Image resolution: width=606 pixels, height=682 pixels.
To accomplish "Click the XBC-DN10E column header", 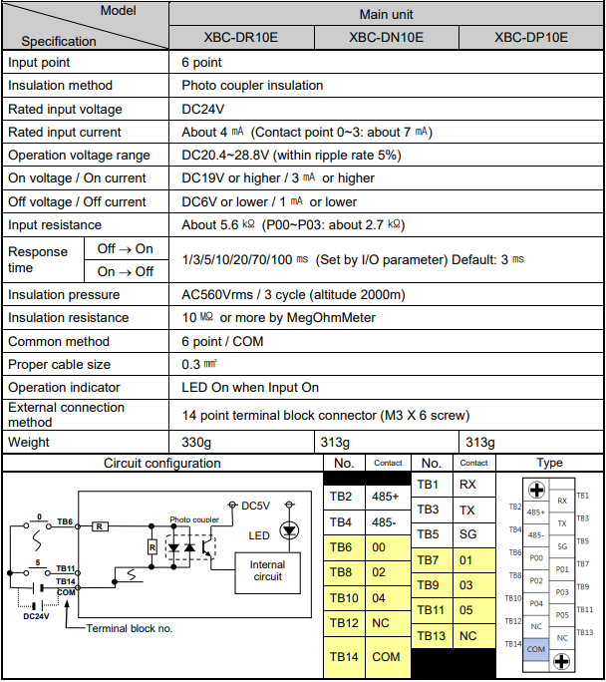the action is (386, 38).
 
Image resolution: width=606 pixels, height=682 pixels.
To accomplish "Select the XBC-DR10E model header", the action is (241, 38).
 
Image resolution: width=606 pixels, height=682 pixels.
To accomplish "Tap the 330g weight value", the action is (196, 443).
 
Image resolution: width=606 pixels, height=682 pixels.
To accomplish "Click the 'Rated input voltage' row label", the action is (65, 109).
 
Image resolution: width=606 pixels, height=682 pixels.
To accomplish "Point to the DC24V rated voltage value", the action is (203, 109).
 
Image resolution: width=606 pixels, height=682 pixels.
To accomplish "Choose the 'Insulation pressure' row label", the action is (64, 295).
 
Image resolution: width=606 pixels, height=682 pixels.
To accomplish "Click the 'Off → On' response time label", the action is (126, 249).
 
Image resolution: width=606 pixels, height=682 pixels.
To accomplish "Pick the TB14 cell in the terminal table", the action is (344, 657).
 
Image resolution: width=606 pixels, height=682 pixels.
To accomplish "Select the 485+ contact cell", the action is (388, 497).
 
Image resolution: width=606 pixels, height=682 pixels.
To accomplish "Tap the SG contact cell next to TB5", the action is (473, 534).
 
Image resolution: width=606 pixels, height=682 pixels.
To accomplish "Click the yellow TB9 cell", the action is (432, 585).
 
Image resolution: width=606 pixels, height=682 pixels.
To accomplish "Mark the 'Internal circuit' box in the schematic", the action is (268, 573).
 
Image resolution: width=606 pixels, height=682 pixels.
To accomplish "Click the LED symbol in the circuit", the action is (289, 530).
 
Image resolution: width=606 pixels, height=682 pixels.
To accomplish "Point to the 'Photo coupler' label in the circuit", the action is (194, 519).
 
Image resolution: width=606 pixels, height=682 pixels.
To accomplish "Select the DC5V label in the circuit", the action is (255, 506).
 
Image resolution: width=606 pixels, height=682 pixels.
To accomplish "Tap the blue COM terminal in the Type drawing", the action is (536, 650).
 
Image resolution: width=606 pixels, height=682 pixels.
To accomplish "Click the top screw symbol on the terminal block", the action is (537, 490).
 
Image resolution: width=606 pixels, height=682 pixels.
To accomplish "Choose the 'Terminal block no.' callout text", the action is (130, 628).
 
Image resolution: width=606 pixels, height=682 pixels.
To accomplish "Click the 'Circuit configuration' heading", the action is (162, 464).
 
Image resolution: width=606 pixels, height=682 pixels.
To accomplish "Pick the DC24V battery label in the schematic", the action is (36, 616).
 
